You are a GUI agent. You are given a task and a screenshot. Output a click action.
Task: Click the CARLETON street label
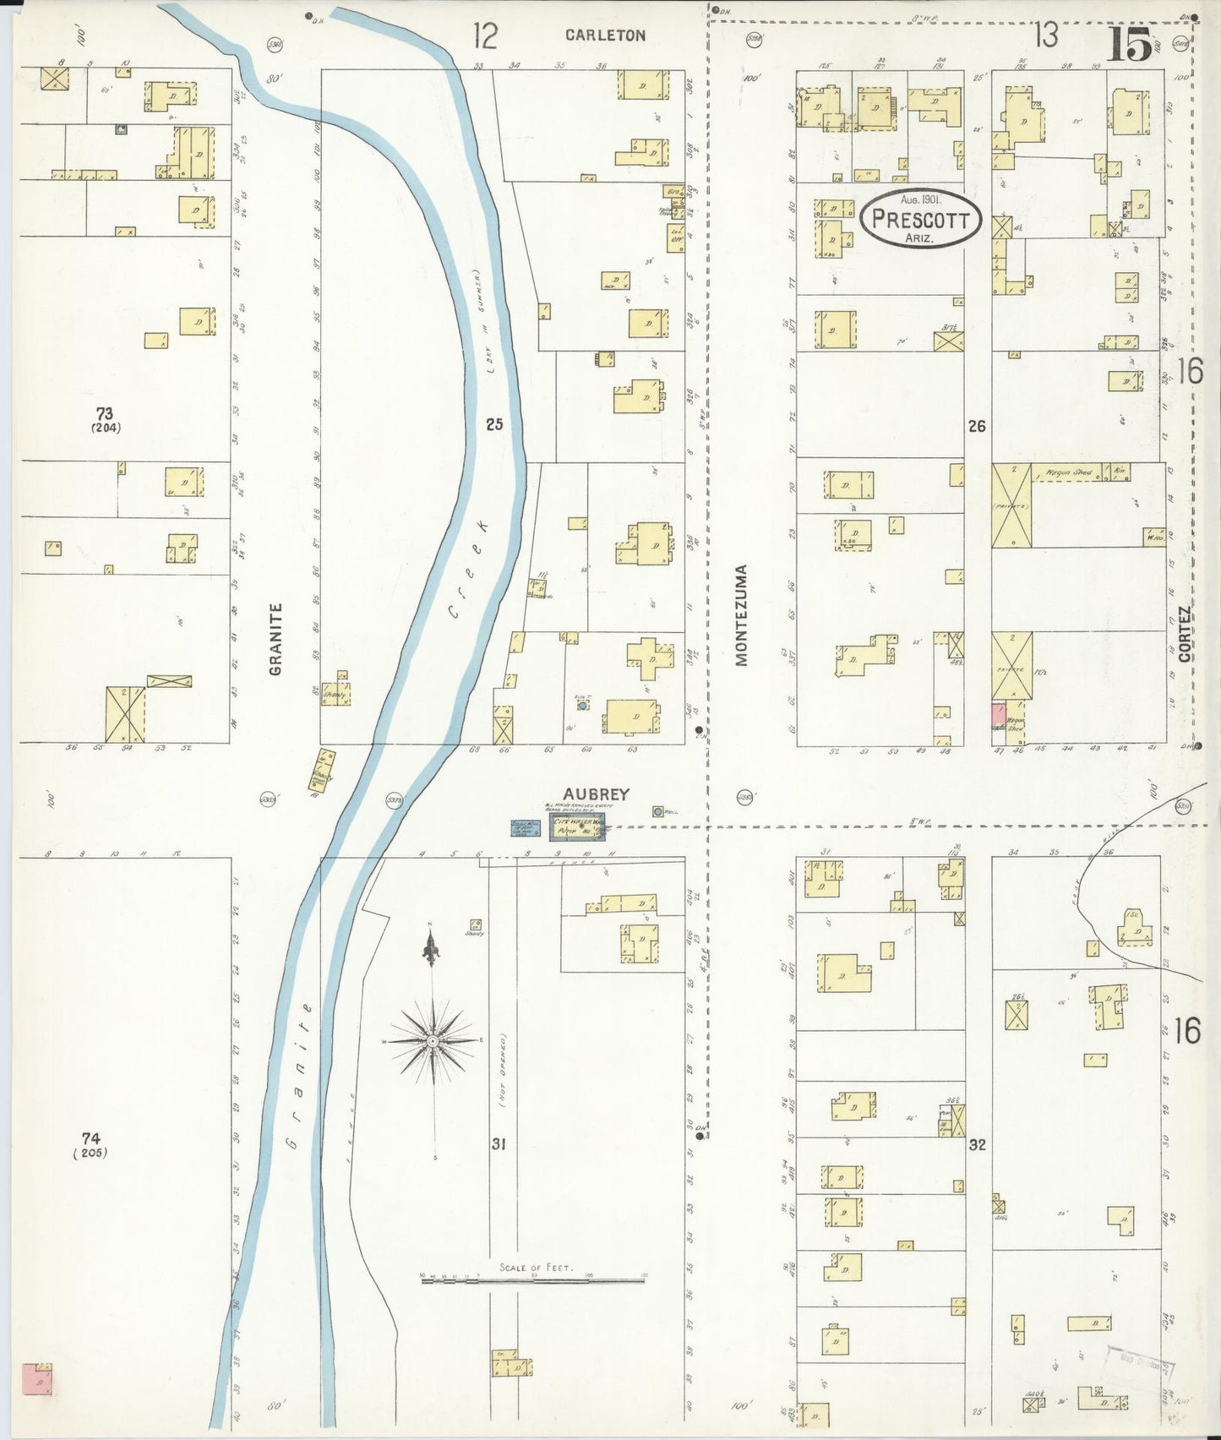[605, 35]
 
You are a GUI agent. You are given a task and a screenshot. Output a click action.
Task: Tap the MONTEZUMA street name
[742, 615]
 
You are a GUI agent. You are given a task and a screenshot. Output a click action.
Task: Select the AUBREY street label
[597, 794]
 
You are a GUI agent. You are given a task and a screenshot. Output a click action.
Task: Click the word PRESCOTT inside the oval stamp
[920, 220]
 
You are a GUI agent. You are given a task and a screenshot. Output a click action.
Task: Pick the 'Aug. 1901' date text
[920, 199]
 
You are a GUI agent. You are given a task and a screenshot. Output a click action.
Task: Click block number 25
[494, 424]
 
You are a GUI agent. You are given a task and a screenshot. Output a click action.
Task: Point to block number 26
[977, 426]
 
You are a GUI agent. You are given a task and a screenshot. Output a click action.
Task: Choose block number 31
[499, 1144]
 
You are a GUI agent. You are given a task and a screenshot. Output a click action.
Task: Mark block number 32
[978, 1145]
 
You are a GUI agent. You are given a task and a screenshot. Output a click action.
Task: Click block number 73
[104, 413]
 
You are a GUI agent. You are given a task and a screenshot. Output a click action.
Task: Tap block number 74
[90, 1137]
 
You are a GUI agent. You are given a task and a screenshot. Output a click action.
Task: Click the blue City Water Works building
[577, 828]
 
